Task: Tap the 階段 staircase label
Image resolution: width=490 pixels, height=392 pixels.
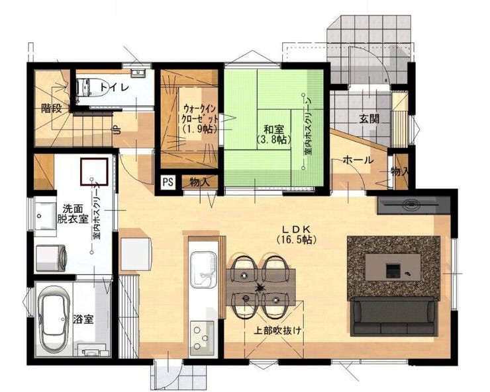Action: (x=51, y=108)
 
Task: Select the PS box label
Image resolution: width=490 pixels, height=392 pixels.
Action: (x=168, y=182)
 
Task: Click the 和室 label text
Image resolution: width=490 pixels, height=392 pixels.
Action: (x=273, y=129)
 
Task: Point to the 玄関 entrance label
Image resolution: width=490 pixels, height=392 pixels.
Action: (x=369, y=118)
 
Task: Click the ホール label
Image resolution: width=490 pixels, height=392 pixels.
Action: (x=358, y=160)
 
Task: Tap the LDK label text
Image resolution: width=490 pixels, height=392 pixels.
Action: (x=296, y=229)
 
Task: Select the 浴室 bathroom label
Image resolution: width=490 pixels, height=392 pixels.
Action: (x=83, y=319)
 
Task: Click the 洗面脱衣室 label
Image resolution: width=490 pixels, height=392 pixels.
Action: (x=72, y=214)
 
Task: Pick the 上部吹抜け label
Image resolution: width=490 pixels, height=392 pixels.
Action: (x=278, y=331)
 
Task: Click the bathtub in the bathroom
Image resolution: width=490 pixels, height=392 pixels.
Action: (x=54, y=320)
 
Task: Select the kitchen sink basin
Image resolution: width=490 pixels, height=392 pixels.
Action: (x=203, y=269)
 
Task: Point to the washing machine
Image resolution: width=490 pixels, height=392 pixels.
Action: (x=51, y=258)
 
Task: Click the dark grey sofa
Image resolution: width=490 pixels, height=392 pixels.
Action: (x=394, y=316)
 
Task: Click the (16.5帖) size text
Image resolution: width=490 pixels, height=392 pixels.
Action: (x=296, y=239)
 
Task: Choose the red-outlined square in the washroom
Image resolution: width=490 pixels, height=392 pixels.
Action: (x=94, y=171)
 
